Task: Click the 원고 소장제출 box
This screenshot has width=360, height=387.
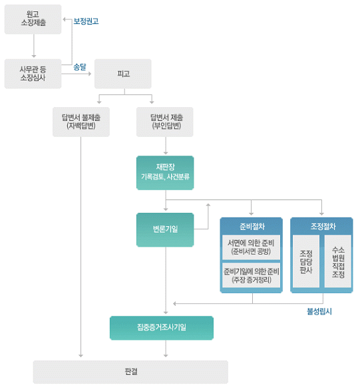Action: (33, 19)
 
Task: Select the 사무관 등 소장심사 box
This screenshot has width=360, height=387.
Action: (33, 74)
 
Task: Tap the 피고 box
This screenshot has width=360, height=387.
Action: (123, 74)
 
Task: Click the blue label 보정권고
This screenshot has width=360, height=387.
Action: (86, 21)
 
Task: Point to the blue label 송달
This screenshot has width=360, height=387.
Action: (80, 66)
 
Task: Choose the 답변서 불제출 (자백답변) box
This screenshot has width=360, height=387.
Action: (81, 122)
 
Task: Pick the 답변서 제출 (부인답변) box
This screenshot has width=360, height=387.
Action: (165, 122)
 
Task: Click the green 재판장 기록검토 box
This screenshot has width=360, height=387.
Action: (165, 173)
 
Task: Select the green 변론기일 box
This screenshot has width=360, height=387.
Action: (165, 230)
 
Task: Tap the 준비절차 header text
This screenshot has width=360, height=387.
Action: (252, 226)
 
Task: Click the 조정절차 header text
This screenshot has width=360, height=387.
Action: (323, 226)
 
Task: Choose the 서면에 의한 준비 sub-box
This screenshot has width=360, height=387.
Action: (251, 247)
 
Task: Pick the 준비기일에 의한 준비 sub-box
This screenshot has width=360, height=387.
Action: (251, 275)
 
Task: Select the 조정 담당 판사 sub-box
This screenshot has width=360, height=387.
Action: (306, 261)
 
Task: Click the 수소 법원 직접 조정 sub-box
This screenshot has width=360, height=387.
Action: (338, 261)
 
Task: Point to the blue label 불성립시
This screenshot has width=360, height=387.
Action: (319, 311)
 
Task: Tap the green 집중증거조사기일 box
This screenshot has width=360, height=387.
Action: (162, 328)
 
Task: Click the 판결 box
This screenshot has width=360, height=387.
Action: (130, 372)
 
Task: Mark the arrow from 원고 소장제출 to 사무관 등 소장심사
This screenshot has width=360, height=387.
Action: (34, 46)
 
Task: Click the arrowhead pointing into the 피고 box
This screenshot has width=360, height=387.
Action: (90, 74)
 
